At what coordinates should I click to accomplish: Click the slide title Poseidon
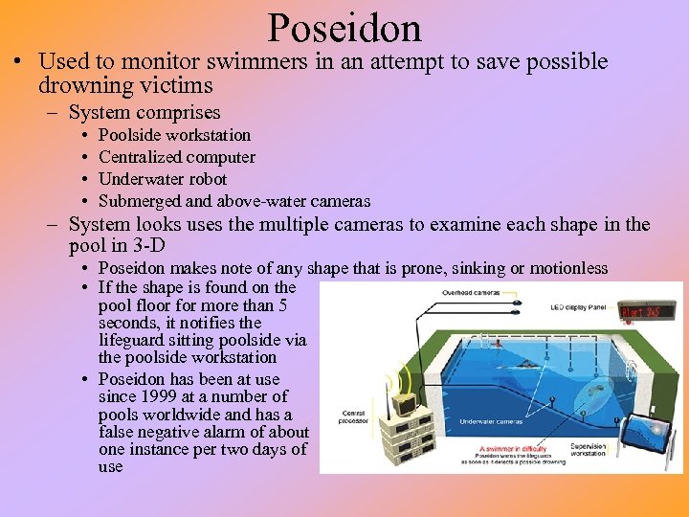click(344, 29)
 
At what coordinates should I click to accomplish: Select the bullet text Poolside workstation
click(174, 135)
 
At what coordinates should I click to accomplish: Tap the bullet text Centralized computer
click(177, 157)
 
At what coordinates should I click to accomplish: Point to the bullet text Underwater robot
click(163, 179)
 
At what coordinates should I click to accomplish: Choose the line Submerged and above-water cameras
click(234, 201)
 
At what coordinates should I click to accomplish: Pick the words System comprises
click(144, 112)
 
